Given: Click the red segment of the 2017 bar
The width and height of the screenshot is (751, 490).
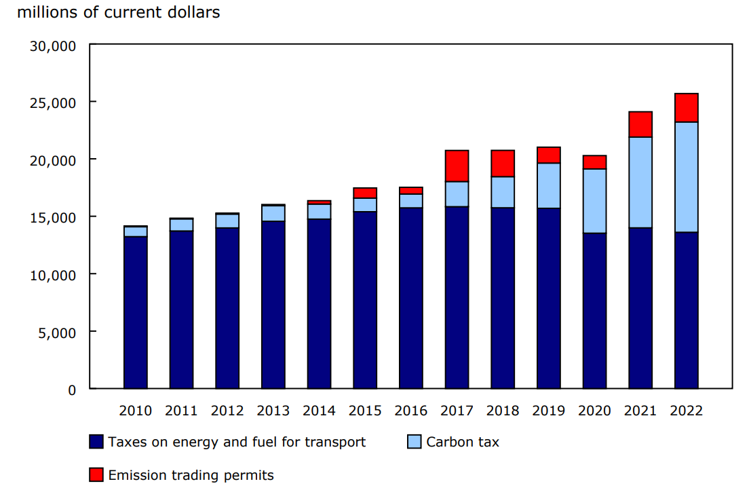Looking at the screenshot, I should tap(457, 166).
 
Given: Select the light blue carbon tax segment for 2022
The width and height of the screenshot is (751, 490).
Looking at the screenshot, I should tap(686, 177).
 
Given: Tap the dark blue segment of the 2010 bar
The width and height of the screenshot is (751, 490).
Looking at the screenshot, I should tap(136, 312).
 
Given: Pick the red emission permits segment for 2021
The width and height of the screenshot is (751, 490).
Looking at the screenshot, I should tap(640, 124).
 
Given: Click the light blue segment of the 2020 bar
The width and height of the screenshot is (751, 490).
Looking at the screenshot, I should tap(594, 201).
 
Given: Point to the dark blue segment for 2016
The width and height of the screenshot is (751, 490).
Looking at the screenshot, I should tap(410, 298).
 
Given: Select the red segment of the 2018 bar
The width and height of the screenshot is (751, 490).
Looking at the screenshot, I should tap(503, 164).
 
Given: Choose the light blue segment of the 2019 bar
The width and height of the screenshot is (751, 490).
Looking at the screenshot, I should tap(548, 185).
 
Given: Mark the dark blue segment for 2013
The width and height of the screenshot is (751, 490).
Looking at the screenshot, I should tap(273, 305).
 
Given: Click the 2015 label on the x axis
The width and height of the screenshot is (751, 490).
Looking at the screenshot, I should tap(365, 411).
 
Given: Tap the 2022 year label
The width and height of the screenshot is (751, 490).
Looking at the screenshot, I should tap(686, 411).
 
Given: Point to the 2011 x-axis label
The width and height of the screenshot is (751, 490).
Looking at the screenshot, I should tap(181, 411).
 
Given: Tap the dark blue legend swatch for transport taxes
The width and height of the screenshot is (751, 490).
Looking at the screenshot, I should tap(96, 442).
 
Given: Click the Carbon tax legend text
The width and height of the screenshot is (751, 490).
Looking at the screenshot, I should tap(462, 442).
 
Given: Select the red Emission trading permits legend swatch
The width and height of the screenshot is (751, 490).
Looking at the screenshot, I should tap(96, 475).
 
